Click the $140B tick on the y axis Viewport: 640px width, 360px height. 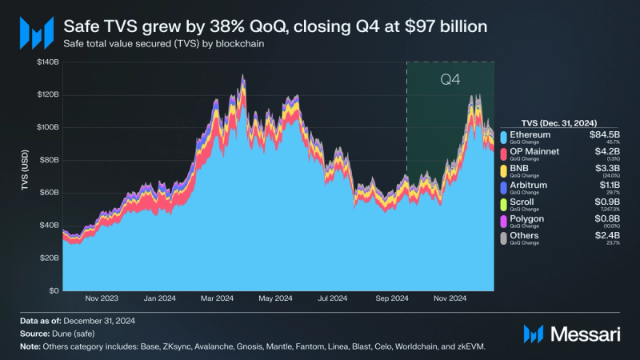(46, 62)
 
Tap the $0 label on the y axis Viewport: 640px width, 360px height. (53, 290)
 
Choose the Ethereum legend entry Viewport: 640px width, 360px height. (530, 134)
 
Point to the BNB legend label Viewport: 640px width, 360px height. (520, 168)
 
